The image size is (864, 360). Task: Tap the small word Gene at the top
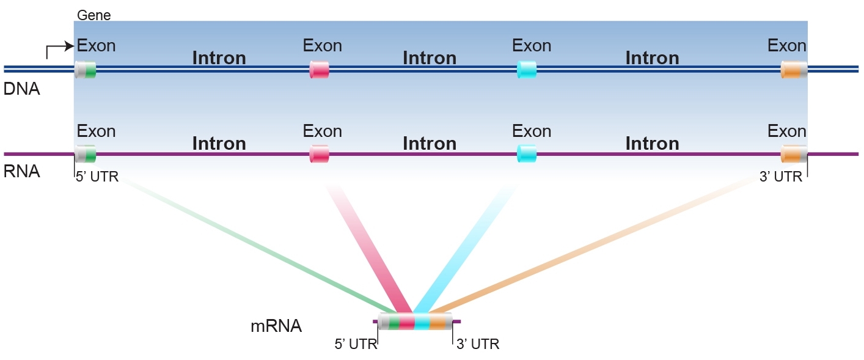[94, 15]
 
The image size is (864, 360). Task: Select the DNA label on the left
[21, 89]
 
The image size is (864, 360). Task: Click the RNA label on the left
[21, 172]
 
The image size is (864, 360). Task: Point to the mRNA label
[276, 326]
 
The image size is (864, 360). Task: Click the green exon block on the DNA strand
[90, 70]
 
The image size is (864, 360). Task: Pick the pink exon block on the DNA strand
[320, 70]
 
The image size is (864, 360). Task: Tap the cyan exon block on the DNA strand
[527, 70]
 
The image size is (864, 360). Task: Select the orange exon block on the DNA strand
[792, 70]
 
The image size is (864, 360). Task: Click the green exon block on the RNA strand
[90, 154]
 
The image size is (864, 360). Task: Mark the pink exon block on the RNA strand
[320, 154]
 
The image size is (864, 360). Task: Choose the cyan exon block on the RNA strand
[527, 154]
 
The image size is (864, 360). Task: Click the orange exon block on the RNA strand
[792, 154]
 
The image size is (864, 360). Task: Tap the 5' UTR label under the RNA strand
[97, 178]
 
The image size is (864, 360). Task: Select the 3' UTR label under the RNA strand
[780, 178]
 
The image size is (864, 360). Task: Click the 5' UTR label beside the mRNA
[356, 344]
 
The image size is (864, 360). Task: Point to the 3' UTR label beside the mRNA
[478, 344]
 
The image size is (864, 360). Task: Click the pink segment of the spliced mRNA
[407, 321]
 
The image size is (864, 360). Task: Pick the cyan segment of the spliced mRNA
[422, 321]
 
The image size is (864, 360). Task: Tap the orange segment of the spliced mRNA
[437, 321]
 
